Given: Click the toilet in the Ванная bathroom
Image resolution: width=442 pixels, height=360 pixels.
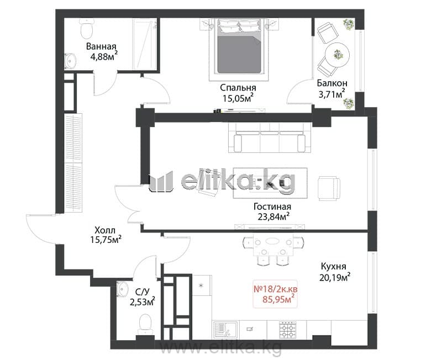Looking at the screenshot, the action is [x=87, y=29].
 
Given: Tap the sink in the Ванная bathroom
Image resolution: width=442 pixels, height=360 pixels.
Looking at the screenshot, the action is [x=70, y=61].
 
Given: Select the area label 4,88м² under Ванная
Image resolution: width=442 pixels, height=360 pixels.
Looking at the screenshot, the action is [x=104, y=56].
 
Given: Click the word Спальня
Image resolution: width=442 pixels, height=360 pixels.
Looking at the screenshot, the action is [x=238, y=88].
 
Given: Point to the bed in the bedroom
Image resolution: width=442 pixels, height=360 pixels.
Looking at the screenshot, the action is [x=239, y=46].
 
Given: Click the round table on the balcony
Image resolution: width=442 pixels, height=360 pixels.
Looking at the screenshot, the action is [x=338, y=55].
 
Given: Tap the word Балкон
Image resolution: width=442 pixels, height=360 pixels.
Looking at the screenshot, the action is [x=332, y=83].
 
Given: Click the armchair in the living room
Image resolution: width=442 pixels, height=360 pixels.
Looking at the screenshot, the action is [x=329, y=188].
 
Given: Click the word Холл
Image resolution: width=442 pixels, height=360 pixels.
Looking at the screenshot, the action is [x=105, y=230].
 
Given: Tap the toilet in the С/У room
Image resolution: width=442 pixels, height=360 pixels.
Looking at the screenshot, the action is [x=145, y=325].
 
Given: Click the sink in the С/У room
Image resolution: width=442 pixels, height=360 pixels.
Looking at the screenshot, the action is [x=122, y=288].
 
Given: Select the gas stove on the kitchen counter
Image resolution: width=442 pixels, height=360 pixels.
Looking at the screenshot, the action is [x=287, y=329].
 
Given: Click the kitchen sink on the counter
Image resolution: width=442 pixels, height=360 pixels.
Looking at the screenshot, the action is [x=225, y=330].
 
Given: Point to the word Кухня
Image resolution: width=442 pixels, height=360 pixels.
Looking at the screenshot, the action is [x=334, y=266].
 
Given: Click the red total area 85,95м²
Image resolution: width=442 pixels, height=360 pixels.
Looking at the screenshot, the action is [x=278, y=299].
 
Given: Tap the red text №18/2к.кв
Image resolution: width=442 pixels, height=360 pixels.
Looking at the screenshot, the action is [x=276, y=289].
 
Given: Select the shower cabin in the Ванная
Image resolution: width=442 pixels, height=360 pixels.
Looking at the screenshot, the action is [x=145, y=44].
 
